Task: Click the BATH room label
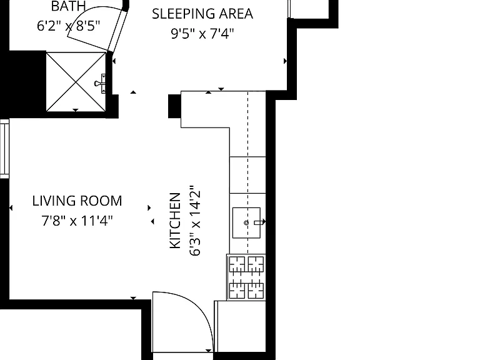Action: click(68, 6)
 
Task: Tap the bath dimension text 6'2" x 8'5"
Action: click(69, 26)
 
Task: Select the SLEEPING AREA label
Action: click(202, 14)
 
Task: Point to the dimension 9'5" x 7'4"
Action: click(202, 33)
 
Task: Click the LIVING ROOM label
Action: click(77, 201)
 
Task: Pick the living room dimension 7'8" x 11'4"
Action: click(77, 221)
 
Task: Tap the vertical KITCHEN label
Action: click(175, 221)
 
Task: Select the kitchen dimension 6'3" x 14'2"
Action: click(195, 221)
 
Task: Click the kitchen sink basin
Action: click(246, 223)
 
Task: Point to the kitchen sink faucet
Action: click(259, 222)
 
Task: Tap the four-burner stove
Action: click(246, 277)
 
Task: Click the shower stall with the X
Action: click(76, 82)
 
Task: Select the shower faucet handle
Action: click(100, 83)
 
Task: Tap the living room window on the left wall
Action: click(4, 149)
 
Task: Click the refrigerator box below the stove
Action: click(240, 326)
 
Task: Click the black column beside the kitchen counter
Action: click(174, 106)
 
